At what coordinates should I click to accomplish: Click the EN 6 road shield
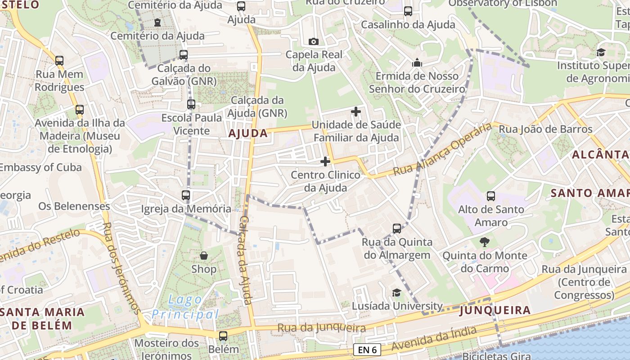[x=367, y=350]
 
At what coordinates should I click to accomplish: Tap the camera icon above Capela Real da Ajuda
[x=314, y=42]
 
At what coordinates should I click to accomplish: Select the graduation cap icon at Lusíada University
[x=396, y=293]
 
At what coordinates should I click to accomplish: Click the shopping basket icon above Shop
[x=204, y=256]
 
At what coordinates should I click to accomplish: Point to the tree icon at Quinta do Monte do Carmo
[x=484, y=242]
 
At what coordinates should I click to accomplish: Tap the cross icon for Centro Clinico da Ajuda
[x=325, y=161]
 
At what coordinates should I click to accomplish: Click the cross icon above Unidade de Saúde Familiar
[x=356, y=111]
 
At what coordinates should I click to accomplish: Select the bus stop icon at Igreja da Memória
[x=186, y=195]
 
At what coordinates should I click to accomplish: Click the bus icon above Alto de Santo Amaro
[x=490, y=196]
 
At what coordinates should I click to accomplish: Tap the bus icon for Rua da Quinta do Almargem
[x=396, y=229]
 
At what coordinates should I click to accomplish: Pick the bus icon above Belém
[x=223, y=336]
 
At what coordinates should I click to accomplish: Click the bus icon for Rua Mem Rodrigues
[x=59, y=61]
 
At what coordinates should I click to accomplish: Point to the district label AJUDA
[x=248, y=133]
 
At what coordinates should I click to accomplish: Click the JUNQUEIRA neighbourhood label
[x=495, y=310]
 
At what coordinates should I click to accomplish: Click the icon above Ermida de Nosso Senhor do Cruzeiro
[x=417, y=62]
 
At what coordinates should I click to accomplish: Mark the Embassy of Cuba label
[x=40, y=167]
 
